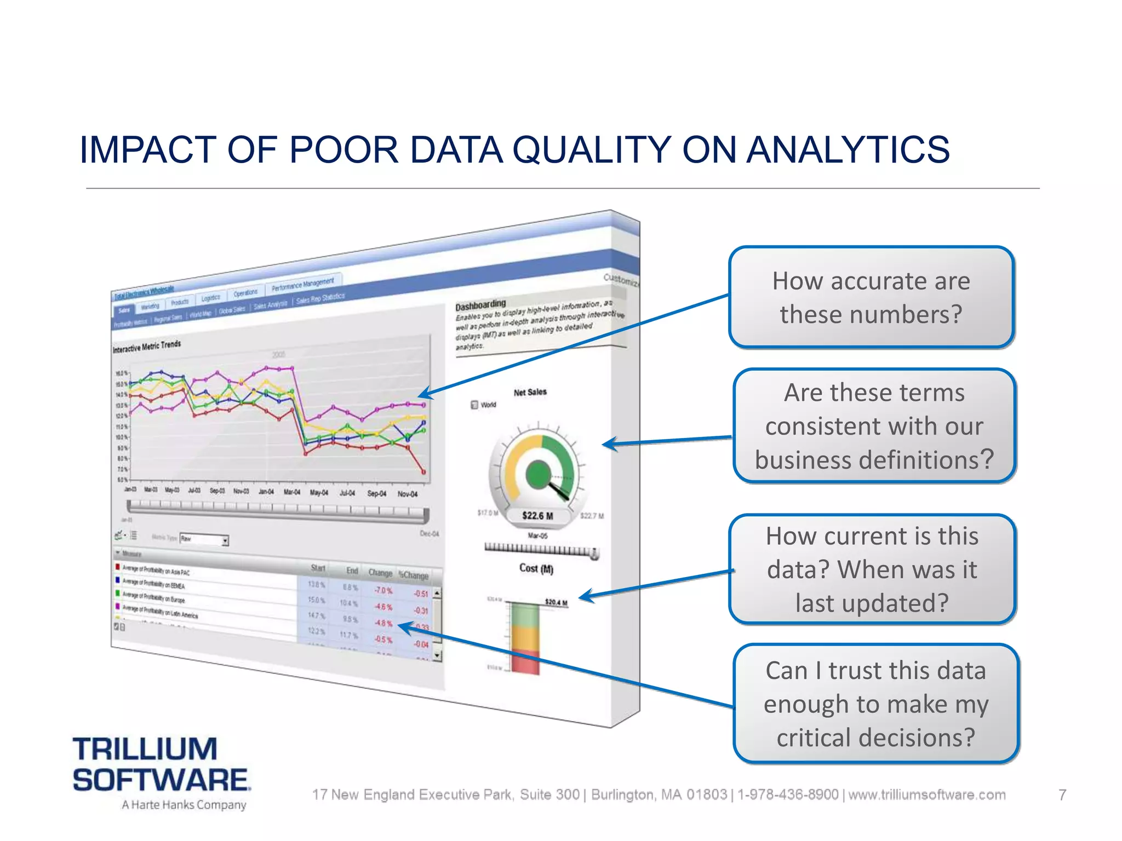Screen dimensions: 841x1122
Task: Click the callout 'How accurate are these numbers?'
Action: tap(871, 297)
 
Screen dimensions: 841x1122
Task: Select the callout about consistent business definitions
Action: tap(874, 426)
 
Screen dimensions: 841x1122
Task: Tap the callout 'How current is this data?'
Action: tap(872, 569)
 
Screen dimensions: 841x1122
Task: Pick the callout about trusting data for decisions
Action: tap(875, 704)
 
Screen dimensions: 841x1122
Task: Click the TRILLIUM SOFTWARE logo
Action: tap(161, 765)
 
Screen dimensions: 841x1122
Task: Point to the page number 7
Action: tap(1062, 794)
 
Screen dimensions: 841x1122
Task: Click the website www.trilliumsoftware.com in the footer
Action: tap(927, 794)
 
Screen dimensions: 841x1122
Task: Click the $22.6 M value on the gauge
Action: tap(537, 516)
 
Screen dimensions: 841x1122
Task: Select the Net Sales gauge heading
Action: tap(530, 392)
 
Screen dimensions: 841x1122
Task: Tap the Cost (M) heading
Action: tap(536, 568)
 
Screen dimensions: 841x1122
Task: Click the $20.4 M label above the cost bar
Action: tap(556, 602)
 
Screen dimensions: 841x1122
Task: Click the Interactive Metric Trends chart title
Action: tap(146, 346)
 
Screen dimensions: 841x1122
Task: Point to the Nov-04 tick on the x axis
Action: tap(407, 494)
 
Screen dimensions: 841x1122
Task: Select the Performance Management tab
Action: tap(302, 284)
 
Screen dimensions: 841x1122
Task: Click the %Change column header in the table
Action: tap(414, 575)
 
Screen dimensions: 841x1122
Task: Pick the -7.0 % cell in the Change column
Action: tap(383, 590)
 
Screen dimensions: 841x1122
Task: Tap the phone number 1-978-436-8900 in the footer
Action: tap(788, 794)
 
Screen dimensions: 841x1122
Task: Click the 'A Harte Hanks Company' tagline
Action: tap(184, 804)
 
